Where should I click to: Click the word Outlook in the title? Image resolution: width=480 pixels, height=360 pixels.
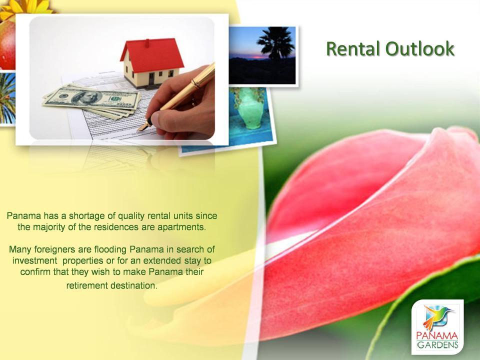pos(419,48)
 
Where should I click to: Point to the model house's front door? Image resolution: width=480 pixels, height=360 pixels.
pos(151,79)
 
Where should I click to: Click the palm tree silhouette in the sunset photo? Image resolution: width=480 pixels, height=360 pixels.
pos(276,43)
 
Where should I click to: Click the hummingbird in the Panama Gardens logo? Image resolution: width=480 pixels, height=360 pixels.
pos(436,316)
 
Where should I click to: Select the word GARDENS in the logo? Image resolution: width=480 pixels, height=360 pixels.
pos(438,345)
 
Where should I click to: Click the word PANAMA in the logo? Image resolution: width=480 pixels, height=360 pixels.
pos(437,336)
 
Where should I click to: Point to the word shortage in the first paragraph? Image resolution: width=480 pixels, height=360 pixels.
pos(87,216)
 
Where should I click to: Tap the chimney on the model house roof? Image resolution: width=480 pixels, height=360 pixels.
pos(147,42)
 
